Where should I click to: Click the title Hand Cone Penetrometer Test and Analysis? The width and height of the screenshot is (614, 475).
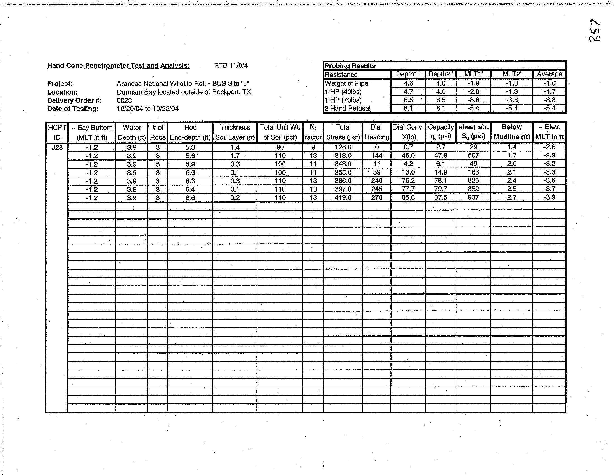point(118,65)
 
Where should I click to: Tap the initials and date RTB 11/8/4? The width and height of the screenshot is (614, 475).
point(231,65)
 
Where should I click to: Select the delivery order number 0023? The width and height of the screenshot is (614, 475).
point(124,100)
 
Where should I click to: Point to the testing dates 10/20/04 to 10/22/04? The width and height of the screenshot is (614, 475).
point(148,109)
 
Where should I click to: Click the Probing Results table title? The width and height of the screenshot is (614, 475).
point(350,66)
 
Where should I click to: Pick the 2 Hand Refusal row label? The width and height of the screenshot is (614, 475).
point(347,108)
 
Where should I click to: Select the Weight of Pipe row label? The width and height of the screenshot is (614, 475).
point(346,83)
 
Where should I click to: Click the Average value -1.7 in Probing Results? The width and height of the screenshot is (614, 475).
point(549,91)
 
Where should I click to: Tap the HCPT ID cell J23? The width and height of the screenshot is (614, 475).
point(57,147)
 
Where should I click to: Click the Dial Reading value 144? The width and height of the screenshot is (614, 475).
point(377,156)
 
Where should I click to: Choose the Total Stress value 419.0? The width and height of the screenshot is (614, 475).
point(343,197)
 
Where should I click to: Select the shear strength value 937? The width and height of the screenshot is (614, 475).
point(473,197)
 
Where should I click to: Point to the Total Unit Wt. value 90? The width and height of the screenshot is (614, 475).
point(280,147)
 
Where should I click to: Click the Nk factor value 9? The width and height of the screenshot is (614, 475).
point(313,147)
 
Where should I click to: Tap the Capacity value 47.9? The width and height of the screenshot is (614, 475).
point(440,155)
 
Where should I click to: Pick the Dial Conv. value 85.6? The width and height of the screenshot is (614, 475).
point(408,197)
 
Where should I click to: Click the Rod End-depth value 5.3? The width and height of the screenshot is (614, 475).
point(190,147)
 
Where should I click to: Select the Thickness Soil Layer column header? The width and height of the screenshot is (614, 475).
point(235,132)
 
